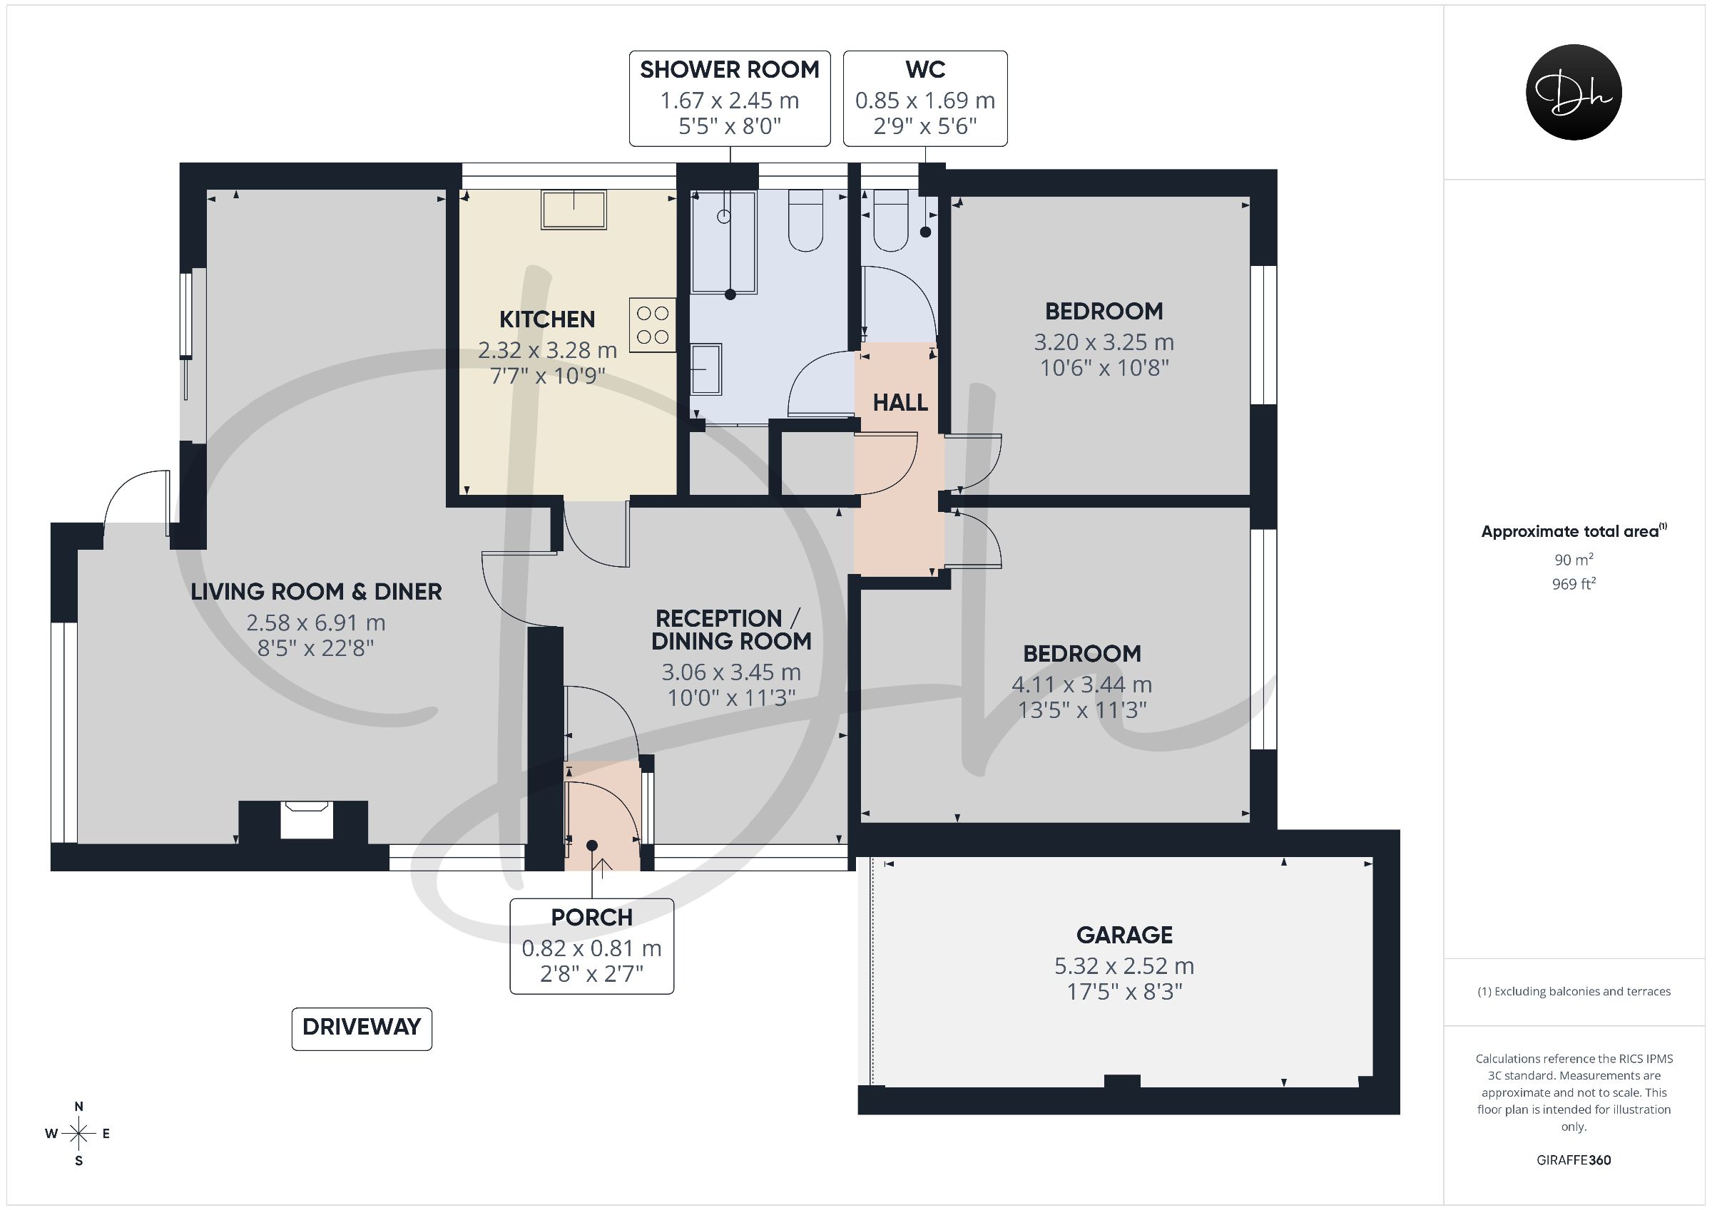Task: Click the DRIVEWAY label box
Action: pyautogui.click(x=362, y=1029)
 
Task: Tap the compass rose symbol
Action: pyautogui.click(x=78, y=1134)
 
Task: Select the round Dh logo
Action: pyautogui.click(x=1574, y=92)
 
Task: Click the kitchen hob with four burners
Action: pyautogui.click(x=653, y=325)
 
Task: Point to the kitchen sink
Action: pyautogui.click(x=574, y=209)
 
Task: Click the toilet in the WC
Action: pyautogui.click(x=890, y=220)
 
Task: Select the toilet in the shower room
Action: pyautogui.click(x=805, y=220)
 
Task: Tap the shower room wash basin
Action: pyautogui.click(x=706, y=369)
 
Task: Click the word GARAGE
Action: pyautogui.click(x=1124, y=935)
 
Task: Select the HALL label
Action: pyautogui.click(x=900, y=404)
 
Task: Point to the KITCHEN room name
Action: pyautogui.click(x=547, y=320)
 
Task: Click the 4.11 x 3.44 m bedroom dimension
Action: pyautogui.click(x=1082, y=685)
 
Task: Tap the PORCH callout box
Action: pyautogui.click(x=592, y=946)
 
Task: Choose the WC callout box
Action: pyautogui.click(x=925, y=98)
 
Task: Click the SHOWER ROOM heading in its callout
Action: pyautogui.click(x=730, y=69)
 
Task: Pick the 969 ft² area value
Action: pyautogui.click(x=1574, y=584)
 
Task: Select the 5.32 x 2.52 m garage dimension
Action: pyautogui.click(x=1124, y=966)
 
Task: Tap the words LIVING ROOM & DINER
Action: pyautogui.click(x=316, y=592)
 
